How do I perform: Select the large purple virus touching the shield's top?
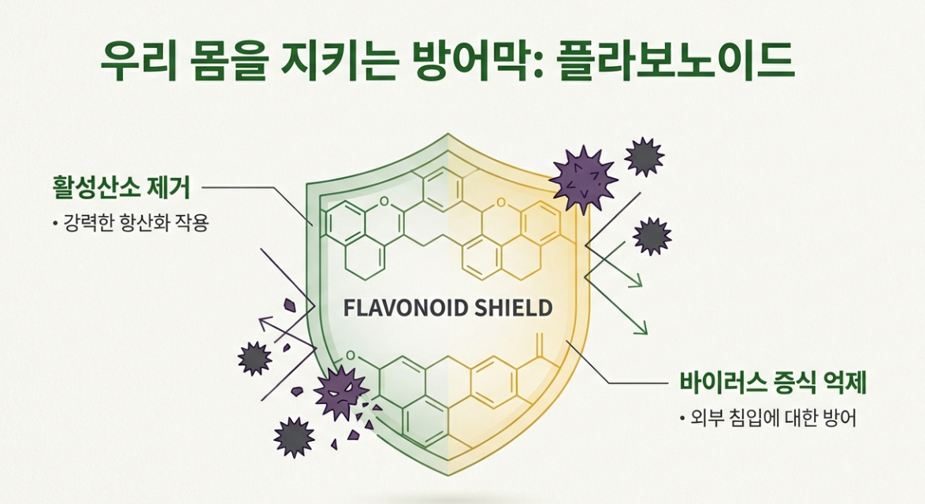pos(582,178)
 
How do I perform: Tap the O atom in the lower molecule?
pos(351,359)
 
